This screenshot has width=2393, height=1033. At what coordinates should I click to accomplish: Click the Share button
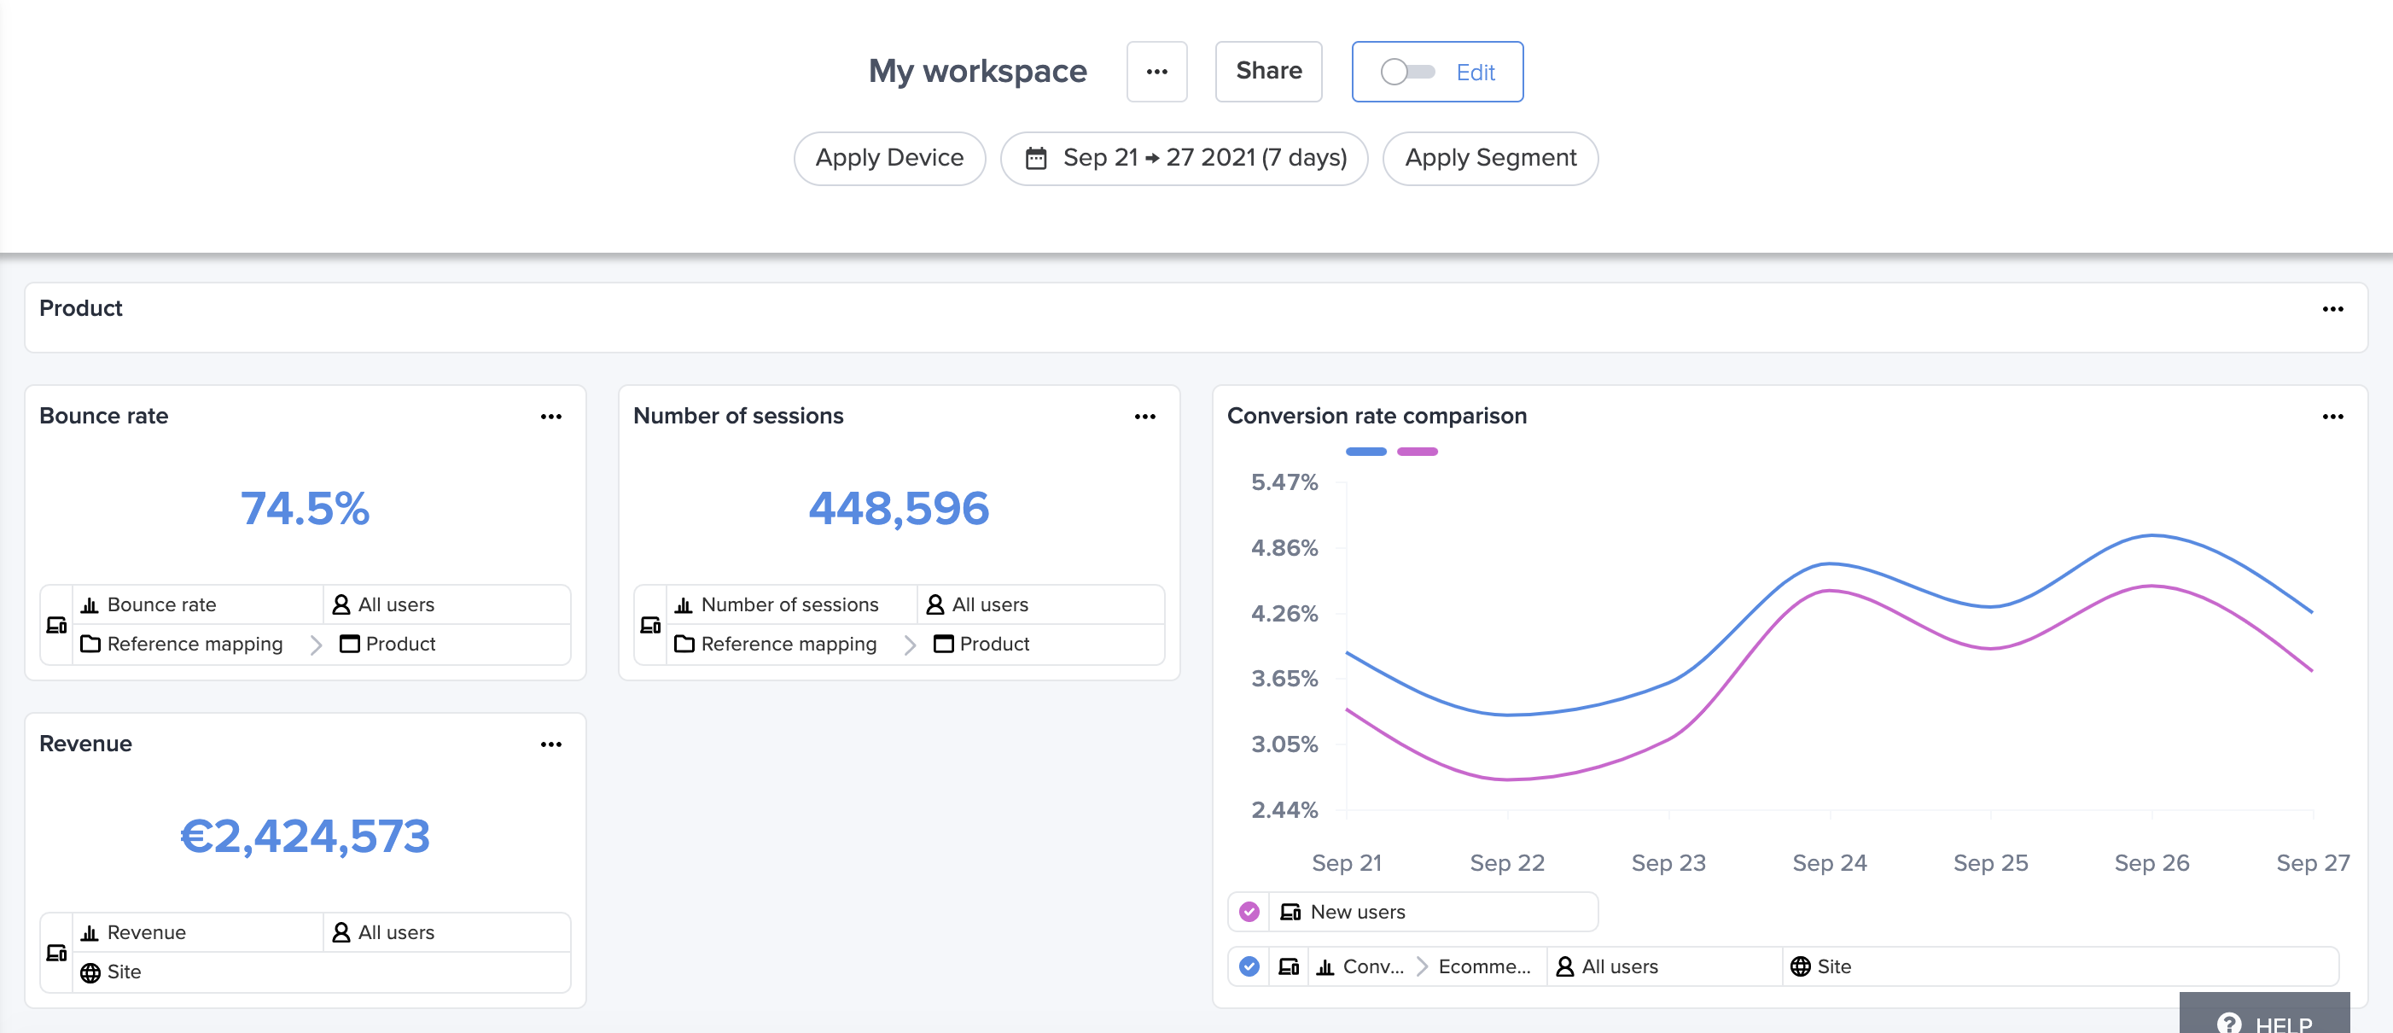coord(1268,72)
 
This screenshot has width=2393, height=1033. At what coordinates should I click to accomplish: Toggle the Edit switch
coord(1407,72)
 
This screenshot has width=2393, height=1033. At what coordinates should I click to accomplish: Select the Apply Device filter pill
coord(889,158)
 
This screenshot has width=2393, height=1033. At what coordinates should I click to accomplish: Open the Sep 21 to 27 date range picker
coord(1185,158)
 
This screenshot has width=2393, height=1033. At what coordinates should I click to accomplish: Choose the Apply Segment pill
coord(1490,158)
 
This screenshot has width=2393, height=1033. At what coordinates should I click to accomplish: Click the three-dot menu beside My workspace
coord(1156,72)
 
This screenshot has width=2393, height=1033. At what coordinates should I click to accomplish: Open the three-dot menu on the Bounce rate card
coord(550,416)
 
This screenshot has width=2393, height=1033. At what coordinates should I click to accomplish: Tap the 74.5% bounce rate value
coord(305,508)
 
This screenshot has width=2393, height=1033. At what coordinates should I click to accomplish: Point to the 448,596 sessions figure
coord(899,508)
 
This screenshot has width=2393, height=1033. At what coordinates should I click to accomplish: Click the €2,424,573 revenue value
coord(305,836)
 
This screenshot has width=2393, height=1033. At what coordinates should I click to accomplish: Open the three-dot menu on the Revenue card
coord(550,744)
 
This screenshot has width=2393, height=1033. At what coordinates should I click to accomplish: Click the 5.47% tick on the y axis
coord(1284,482)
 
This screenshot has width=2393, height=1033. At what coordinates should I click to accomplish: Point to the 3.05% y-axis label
coord(1284,744)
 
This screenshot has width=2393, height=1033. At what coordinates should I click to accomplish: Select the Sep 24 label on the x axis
coord(1829,863)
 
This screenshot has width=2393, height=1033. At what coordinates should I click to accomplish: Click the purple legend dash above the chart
coord(1417,452)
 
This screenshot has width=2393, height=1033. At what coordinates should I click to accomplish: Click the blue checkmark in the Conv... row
coord(1249,966)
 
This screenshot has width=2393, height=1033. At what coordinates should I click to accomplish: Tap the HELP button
coord(2265,1020)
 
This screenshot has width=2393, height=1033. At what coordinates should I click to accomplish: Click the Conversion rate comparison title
coord(1377,416)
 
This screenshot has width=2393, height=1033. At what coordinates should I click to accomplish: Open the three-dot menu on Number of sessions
coord(1144,416)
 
